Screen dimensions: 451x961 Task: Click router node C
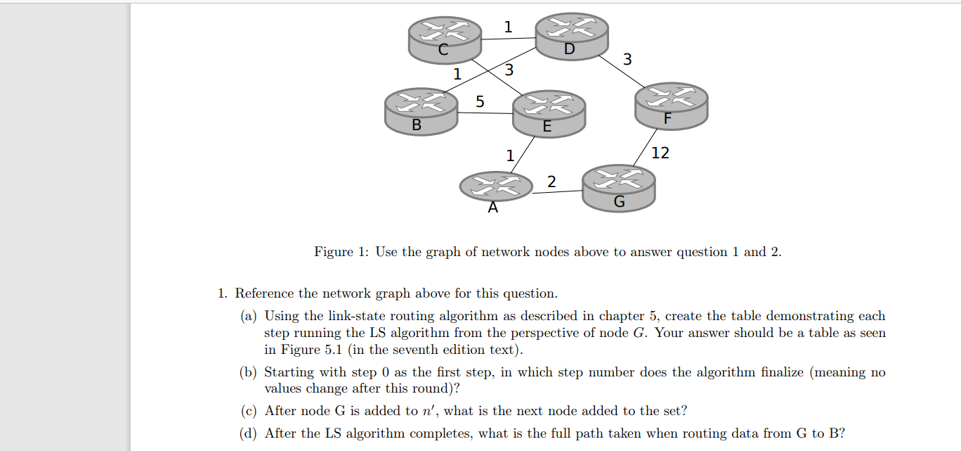(x=445, y=38)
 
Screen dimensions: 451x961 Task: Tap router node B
(x=421, y=112)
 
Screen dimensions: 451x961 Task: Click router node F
(x=671, y=106)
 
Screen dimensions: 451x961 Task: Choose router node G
(x=619, y=188)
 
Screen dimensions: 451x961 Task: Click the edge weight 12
(x=660, y=153)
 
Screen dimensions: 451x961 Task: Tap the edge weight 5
(x=480, y=102)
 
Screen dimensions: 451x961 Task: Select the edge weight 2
(x=551, y=182)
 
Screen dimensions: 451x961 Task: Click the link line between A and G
(x=557, y=191)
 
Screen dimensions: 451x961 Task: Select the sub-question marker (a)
(x=249, y=316)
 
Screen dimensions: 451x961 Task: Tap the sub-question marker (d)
(x=249, y=433)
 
